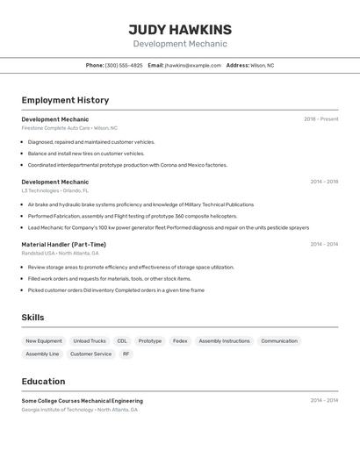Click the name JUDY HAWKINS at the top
180,30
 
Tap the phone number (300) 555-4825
124,65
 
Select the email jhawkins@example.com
193,65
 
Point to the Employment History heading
65,100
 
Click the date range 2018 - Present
320,119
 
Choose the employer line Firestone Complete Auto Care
69,128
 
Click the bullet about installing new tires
86,154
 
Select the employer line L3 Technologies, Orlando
54,190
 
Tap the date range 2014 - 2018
324,182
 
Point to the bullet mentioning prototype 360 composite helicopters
133,216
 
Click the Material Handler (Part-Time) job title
63,245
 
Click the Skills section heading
32,318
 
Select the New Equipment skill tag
44,340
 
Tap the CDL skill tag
122,340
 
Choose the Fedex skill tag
180,340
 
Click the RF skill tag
126,354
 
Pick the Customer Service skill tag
91,354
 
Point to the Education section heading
43,382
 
